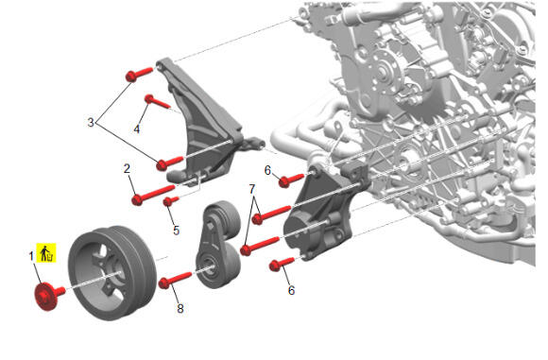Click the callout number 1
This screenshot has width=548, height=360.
coord(31,256)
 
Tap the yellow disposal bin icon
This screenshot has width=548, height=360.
coord(46,252)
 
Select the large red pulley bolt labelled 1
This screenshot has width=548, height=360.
coord(50,296)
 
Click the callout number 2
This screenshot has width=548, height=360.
coord(127,168)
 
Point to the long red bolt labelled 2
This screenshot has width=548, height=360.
coord(153,195)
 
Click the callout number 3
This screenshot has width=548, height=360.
coord(91,122)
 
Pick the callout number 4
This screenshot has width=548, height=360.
coord(137,129)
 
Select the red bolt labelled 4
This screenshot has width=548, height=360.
coord(157,101)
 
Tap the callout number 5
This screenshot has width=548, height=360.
coord(176,231)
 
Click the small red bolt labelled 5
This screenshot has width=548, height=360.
coord(171,201)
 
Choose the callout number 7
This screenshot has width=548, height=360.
coord(252,189)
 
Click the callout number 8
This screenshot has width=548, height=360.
coord(180,308)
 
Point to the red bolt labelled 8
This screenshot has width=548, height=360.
coord(175,281)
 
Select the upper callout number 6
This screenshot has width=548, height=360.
coord(267,171)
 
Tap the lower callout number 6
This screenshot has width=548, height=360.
coord(291,290)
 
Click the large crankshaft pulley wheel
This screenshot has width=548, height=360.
coord(112,273)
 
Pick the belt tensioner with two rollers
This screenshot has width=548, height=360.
coord(218,245)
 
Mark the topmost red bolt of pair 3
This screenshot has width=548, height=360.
coord(139,75)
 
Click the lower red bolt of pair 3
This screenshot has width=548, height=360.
coord(169,163)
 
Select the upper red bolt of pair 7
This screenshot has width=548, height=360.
coord(271,214)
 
